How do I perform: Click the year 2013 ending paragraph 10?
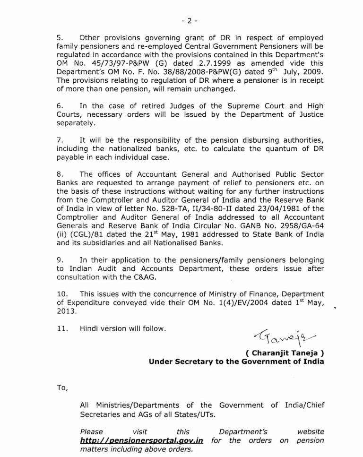click(66, 311)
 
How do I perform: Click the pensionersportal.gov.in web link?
click(142, 440)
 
